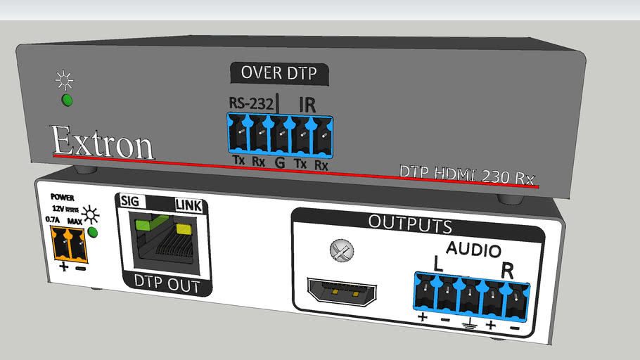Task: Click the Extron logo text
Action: click(x=103, y=143)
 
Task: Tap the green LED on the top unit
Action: click(x=67, y=99)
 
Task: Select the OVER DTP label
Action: click(x=279, y=72)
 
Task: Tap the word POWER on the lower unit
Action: click(x=62, y=199)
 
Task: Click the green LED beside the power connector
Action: click(x=91, y=233)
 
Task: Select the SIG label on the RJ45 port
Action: click(x=129, y=201)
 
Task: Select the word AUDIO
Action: click(x=474, y=250)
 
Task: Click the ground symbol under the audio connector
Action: click(x=468, y=324)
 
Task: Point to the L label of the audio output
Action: click(x=437, y=266)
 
